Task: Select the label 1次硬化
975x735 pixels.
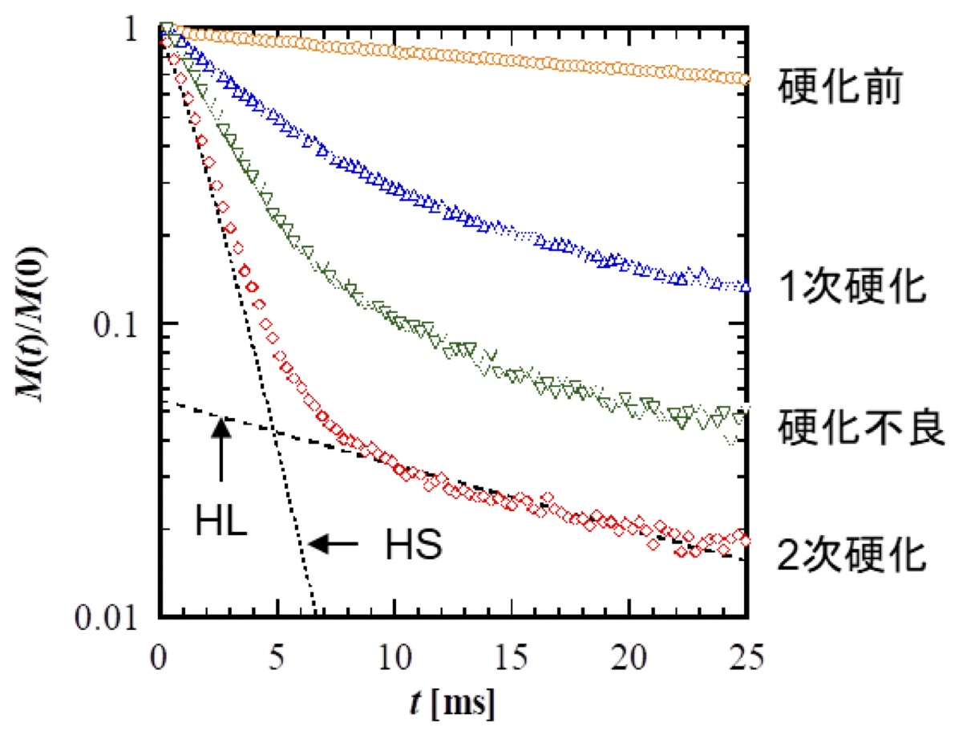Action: [852, 287]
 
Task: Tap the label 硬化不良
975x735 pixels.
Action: [862, 428]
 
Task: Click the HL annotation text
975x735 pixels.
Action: [221, 522]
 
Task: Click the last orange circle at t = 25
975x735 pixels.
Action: [745, 79]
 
